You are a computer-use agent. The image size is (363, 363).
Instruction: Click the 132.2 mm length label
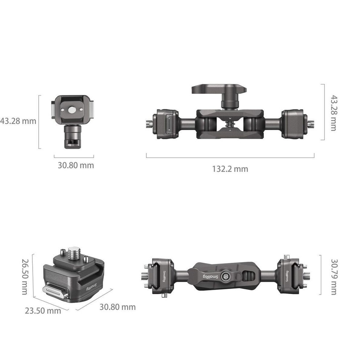pyautogui.click(x=230, y=169)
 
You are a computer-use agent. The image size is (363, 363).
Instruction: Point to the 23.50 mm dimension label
pyautogui.click(x=43, y=311)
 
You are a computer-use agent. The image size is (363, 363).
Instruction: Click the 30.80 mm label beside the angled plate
pyautogui.click(x=118, y=307)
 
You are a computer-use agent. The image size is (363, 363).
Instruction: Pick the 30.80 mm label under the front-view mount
pyautogui.click(x=76, y=166)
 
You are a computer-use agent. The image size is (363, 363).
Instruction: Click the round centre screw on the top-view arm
pyautogui.click(x=225, y=277)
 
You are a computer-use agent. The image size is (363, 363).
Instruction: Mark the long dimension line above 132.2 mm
pyautogui.click(x=230, y=158)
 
